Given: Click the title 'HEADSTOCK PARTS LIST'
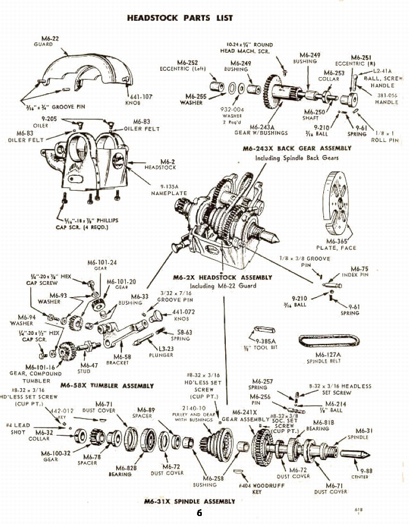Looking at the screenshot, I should [180, 18].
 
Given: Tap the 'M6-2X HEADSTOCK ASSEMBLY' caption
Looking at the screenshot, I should [223, 277].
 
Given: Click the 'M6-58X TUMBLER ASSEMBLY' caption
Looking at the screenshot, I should [107, 386].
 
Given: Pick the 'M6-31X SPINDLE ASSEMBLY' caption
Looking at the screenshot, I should [190, 501].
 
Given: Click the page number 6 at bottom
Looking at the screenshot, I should [199, 513].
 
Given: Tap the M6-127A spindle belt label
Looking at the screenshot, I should [328, 355].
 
